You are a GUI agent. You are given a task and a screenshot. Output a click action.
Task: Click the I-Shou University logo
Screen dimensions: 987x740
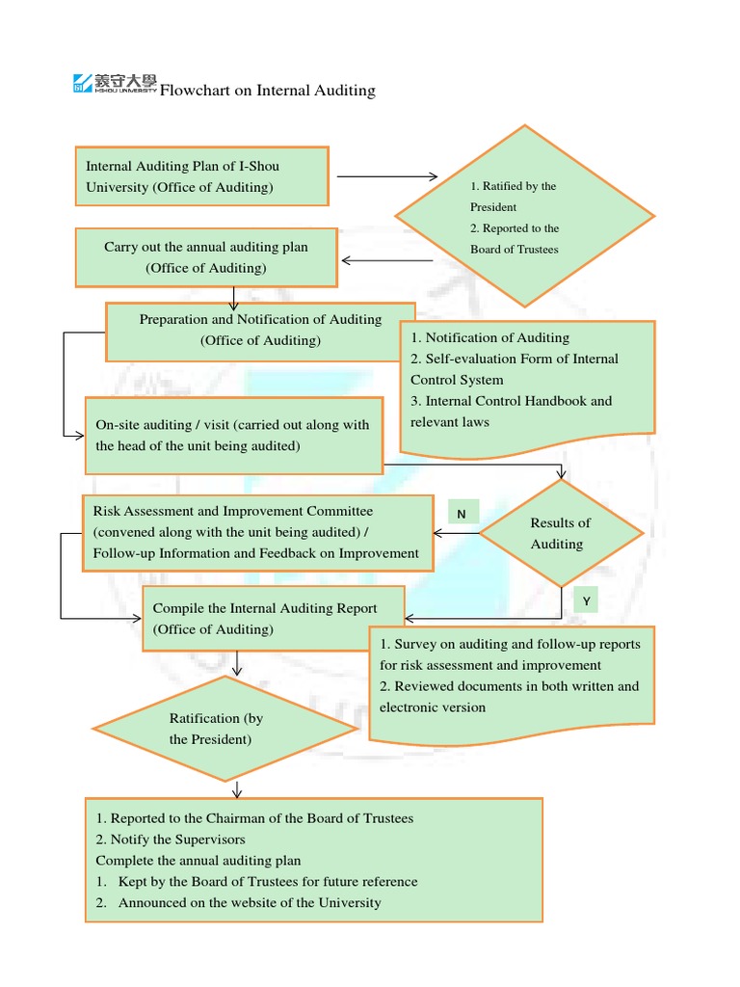pyautogui.click(x=115, y=84)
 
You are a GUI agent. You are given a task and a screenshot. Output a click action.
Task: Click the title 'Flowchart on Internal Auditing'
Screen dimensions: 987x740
pyautogui.click(x=267, y=91)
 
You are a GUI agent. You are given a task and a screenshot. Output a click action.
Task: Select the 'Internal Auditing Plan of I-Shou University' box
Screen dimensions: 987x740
pyautogui.click(x=201, y=176)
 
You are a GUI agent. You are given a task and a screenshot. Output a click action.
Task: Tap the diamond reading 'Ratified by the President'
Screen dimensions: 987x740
pyautogui.click(x=524, y=217)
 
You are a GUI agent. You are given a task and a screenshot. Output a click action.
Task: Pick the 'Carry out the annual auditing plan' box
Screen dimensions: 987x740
pyautogui.click(x=206, y=257)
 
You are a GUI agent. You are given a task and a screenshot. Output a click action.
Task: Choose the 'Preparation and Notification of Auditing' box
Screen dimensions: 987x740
pyautogui.click(x=260, y=330)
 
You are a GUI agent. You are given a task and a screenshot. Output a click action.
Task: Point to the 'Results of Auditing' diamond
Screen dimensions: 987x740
pyautogui.click(x=560, y=533)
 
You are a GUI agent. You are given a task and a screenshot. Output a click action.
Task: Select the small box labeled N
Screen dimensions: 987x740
pyautogui.click(x=462, y=514)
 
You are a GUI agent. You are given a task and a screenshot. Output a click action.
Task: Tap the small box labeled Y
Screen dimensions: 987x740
pyautogui.click(x=586, y=601)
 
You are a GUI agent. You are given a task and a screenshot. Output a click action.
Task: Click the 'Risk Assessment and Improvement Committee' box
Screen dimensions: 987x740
pyautogui.click(x=257, y=533)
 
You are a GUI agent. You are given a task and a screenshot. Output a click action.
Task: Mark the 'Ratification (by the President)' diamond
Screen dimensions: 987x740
pyautogui.click(x=225, y=729)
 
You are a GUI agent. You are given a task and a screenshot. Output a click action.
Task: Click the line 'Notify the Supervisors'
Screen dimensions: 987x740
pyautogui.click(x=171, y=840)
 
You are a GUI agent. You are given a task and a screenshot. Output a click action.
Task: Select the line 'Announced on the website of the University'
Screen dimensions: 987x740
pyautogui.click(x=250, y=903)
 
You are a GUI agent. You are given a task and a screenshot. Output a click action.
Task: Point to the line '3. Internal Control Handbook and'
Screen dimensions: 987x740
pyautogui.click(x=511, y=401)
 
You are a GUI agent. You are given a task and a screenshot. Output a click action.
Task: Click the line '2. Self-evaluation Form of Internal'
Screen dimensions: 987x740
pyautogui.click(x=515, y=359)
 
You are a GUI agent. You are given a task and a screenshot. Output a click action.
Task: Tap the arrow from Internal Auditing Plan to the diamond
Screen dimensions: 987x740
pyautogui.click(x=386, y=176)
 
